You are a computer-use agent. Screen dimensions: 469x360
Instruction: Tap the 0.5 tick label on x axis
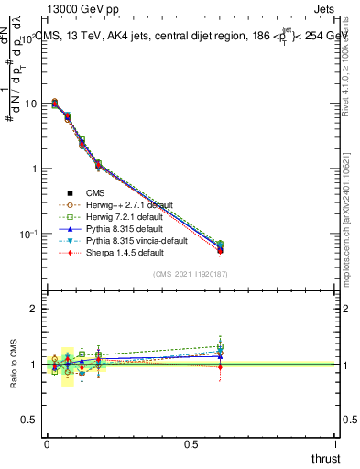coord(191,442)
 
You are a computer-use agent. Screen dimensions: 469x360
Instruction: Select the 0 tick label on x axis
coord(46,442)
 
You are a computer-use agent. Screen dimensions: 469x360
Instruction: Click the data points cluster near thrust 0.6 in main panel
coord(219,246)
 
